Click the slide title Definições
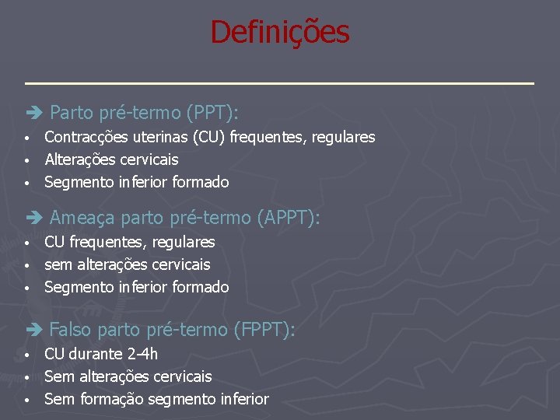pyautogui.click(x=280, y=33)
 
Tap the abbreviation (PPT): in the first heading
pyautogui.click(x=212, y=114)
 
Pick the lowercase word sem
pyautogui.click(x=58, y=265)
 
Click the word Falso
pyautogui.click(x=70, y=331)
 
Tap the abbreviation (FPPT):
pyautogui.click(x=264, y=331)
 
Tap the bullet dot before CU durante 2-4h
pyautogui.click(x=26, y=355)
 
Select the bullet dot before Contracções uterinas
pyautogui.click(x=26, y=138)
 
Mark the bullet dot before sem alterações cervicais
pyautogui.click(x=26, y=266)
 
